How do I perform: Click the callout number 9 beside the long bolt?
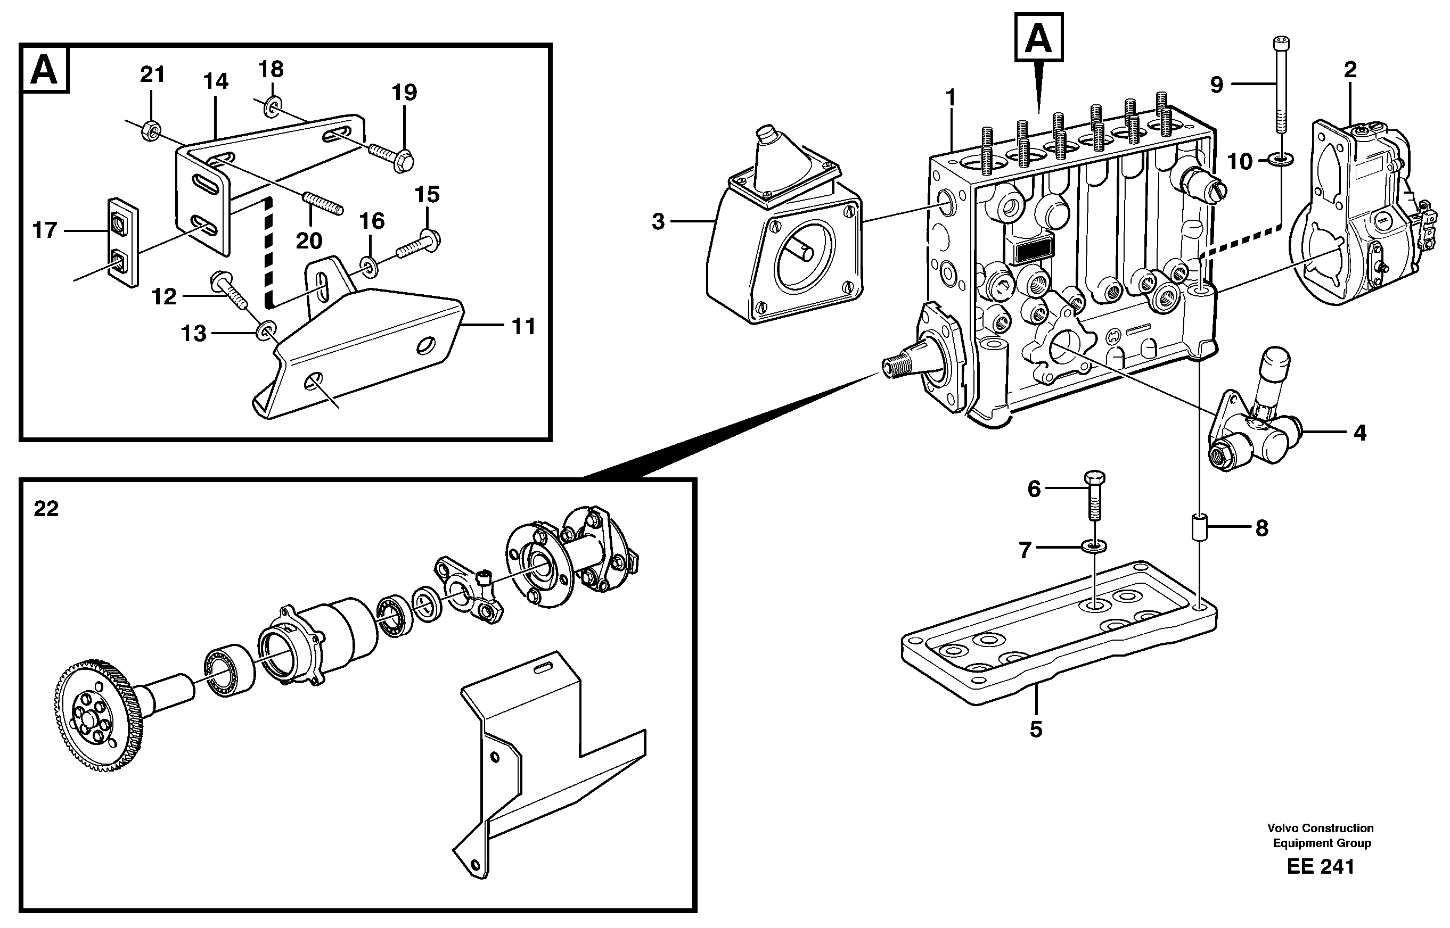[x=1217, y=85]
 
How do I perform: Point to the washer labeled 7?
[x=1094, y=546]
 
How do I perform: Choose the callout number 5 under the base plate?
[x=1035, y=730]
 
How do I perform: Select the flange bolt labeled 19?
[x=389, y=154]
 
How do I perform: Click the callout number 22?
[x=46, y=509]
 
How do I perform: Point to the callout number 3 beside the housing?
[x=658, y=222]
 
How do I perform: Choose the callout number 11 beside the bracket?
[x=523, y=327]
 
